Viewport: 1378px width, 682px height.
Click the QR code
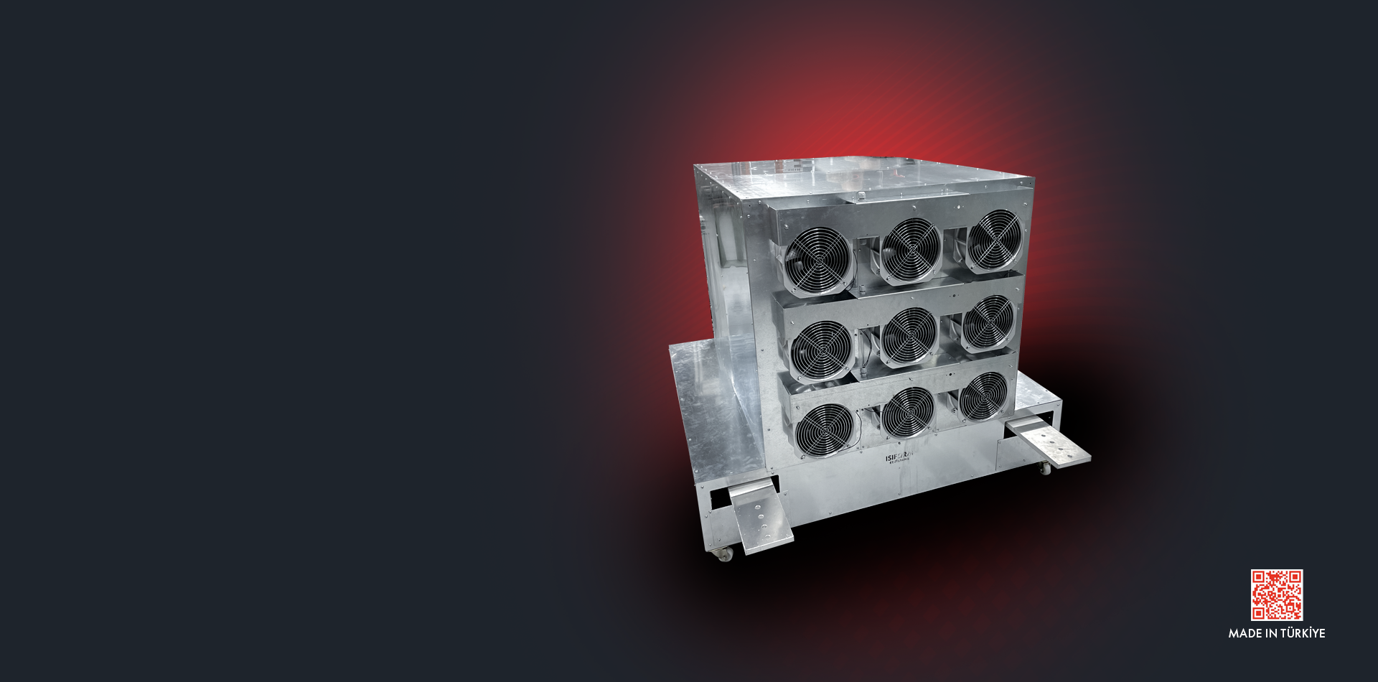coord(1276,594)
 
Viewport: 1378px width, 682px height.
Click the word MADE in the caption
coord(1245,633)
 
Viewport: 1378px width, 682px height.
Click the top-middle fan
coord(911,251)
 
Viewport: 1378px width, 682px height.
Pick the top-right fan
coord(994,240)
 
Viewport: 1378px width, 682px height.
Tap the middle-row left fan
coord(821,350)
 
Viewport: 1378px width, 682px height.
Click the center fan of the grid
coord(909,337)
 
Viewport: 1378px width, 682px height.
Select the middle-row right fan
coord(988,324)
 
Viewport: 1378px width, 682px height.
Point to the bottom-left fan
coord(826,429)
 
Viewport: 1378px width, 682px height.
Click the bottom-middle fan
coord(908,413)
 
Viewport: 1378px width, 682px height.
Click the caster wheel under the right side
coord(1045,468)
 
